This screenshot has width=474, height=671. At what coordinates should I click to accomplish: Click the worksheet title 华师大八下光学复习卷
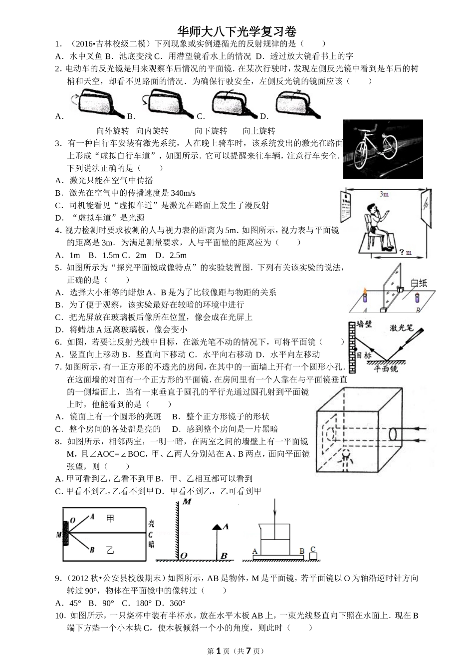(x=237, y=32)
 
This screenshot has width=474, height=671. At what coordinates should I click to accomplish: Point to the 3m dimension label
(x=383, y=194)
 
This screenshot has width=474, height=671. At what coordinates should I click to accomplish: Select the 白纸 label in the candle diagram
(x=419, y=283)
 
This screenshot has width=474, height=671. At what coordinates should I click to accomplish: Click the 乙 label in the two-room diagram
(x=111, y=550)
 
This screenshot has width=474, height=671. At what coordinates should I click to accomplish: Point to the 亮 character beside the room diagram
(x=151, y=524)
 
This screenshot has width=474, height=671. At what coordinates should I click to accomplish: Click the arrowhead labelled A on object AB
(x=217, y=526)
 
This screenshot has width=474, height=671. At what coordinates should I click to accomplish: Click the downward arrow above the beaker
(x=274, y=514)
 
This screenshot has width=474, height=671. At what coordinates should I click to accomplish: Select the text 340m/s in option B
(x=183, y=193)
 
